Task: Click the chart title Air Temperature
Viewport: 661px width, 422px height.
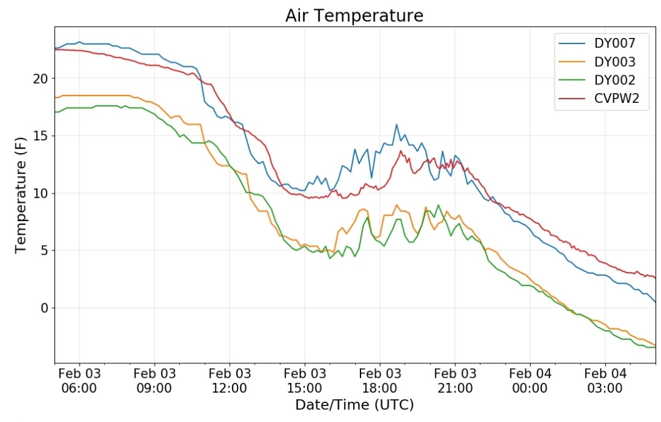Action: [354, 15]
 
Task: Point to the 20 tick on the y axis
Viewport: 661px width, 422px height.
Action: [41, 78]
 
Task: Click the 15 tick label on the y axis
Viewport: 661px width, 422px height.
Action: [41, 136]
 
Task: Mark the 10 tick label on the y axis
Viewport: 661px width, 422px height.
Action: [41, 194]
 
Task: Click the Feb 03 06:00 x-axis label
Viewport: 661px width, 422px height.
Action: [79, 380]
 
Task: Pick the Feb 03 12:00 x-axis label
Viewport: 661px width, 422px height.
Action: [230, 380]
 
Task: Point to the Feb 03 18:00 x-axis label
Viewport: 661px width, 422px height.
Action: [380, 380]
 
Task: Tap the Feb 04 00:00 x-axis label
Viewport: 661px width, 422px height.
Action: [530, 380]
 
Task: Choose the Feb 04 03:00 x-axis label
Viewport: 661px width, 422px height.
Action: [605, 380]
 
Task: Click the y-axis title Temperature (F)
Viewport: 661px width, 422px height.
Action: [21, 195]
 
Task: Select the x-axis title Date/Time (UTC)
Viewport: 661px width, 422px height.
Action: [354, 405]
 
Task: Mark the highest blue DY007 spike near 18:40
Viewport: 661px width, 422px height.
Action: [396, 124]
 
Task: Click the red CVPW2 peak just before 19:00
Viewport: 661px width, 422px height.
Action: [401, 151]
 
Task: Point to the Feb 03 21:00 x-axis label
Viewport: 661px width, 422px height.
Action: [455, 380]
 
